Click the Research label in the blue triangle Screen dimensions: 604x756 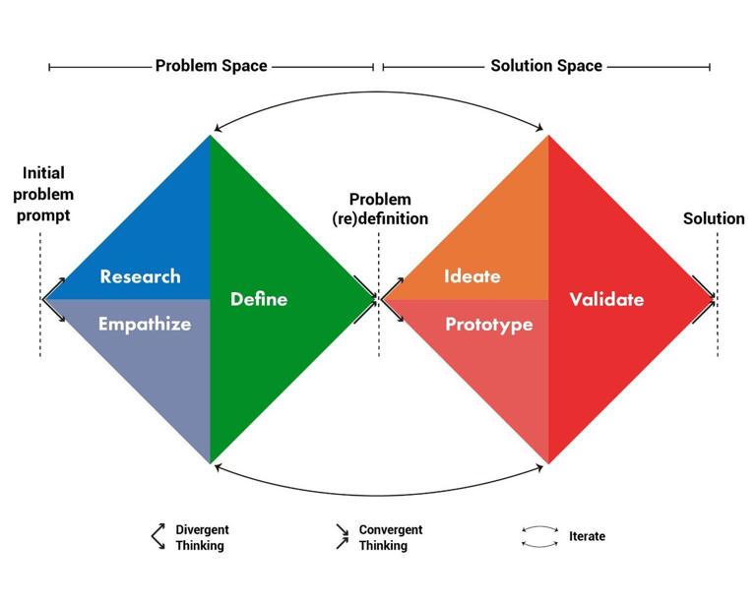point(140,276)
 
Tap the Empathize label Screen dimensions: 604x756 point(145,324)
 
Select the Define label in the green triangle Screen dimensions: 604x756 point(259,298)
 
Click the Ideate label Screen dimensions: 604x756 point(472,276)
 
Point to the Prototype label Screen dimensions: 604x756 point(489,324)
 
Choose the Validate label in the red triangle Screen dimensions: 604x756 point(606,299)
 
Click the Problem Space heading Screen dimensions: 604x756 point(211,66)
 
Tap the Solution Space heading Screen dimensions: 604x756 point(546,66)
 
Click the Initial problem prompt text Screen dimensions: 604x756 point(46,194)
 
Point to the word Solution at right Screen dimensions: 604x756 point(714,217)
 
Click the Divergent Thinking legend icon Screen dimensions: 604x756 point(157,537)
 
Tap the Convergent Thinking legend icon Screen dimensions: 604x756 point(342,537)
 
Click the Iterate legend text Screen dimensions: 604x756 point(587,536)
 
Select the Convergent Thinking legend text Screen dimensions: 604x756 point(391,537)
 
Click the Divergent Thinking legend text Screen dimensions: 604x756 point(201,537)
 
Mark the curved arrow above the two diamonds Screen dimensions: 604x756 point(379,94)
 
